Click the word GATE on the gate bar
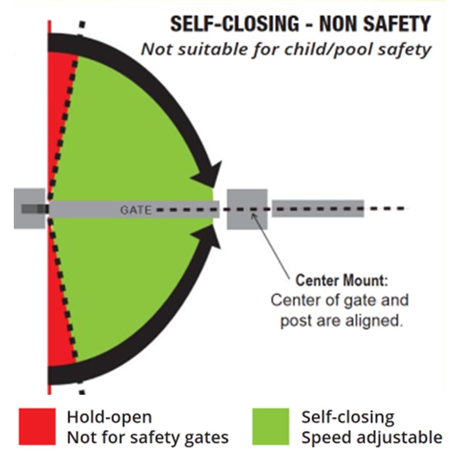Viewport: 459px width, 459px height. click(x=136, y=210)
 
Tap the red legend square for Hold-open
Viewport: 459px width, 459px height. click(x=37, y=427)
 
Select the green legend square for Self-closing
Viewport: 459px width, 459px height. click(x=271, y=427)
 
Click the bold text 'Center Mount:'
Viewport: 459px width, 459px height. click(x=341, y=280)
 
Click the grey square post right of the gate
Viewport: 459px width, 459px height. click(x=247, y=209)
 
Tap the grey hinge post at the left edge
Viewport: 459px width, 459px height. click(x=30, y=208)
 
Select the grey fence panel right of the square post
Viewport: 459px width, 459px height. click(x=318, y=208)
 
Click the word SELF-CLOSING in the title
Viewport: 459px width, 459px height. click(x=235, y=24)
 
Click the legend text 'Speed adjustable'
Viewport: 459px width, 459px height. click(x=372, y=438)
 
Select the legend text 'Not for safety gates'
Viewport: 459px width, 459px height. click(x=147, y=438)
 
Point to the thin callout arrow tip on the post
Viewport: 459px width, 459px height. click(x=252, y=214)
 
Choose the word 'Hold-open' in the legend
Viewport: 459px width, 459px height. click(x=109, y=417)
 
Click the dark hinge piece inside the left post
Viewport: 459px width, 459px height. click(x=35, y=209)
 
